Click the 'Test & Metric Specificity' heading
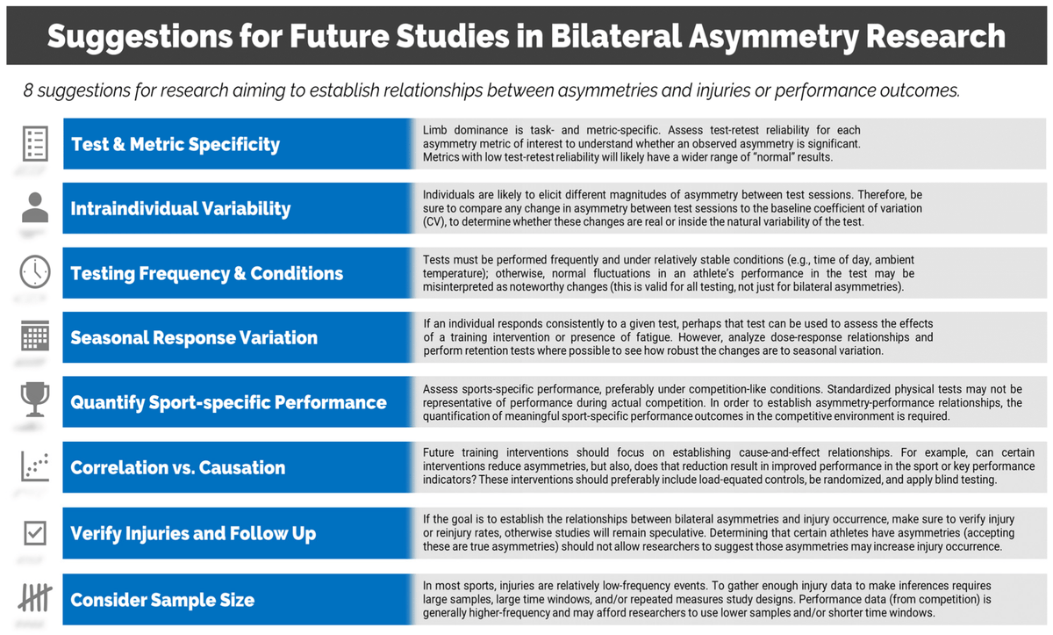175,144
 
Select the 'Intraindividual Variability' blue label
181,208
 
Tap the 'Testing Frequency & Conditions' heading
207,273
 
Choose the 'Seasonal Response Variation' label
194,337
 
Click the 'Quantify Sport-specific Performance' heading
228,402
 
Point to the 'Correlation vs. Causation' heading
178,468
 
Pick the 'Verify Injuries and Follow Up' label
193,533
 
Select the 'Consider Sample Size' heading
162,601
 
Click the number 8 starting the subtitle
29,91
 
